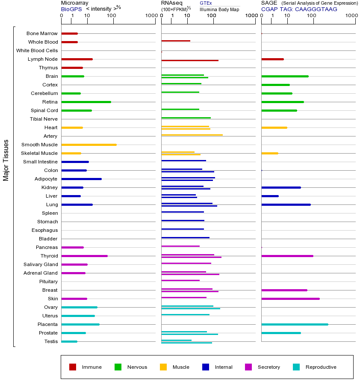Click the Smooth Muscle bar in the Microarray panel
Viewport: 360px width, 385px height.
pyautogui.click(x=89, y=145)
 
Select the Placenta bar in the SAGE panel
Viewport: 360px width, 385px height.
pyautogui.click(x=295, y=324)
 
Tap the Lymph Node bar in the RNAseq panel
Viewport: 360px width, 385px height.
pyautogui.click(x=190, y=60)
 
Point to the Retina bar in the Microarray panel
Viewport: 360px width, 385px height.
pyautogui.click(x=86, y=102)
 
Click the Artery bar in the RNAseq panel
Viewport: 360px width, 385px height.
pyautogui.click(x=192, y=135)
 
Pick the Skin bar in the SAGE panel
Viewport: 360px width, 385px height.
pyautogui.click(x=290, y=299)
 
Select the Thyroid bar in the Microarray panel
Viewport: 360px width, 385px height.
pyautogui.click(x=84, y=256)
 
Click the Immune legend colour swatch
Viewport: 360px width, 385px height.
pyautogui.click(x=73, y=367)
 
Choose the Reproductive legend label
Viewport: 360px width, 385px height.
pyautogui.click(x=321, y=367)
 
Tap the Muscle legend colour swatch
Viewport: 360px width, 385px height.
pyautogui.click(x=163, y=367)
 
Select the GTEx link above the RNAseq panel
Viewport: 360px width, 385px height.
pyautogui.click(x=206, y=3)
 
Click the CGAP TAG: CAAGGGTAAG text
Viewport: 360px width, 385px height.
pyautogui.click(x=299, y=9)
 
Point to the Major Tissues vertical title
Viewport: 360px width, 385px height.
pyautogui.click(x=6, y=160)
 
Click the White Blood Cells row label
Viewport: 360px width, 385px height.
pyautogui.click(x=37, y=50)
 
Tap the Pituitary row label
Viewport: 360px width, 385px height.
pyautogui.click(x=48, y=281)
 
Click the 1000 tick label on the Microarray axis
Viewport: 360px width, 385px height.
pyautogui.click(x=150, y=16)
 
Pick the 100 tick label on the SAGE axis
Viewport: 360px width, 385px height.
pyautogui.click(x=312, y=16)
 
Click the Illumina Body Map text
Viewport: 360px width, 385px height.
pyautogui.click(x=219, y=9)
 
